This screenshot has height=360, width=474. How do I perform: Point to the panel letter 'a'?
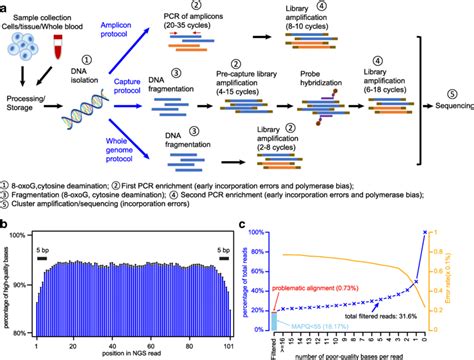click(x=7, y=8)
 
